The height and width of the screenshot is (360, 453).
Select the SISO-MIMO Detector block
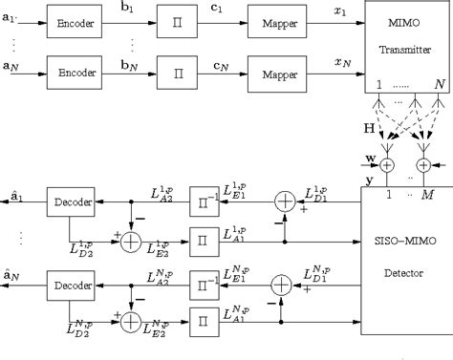pyautogui.click(x=405, y=260)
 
